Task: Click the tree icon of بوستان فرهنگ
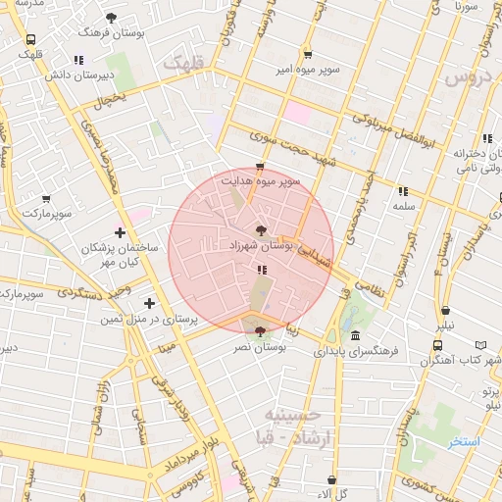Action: click(x=111, y=18)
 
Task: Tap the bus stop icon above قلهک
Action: click(x=31, y=40)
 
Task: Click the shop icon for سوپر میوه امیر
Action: click(x=308, y=54)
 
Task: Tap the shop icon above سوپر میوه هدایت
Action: click(x=259, y=167)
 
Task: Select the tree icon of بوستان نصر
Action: click(x=259, y=331)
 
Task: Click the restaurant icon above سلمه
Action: click(x=402, y=192)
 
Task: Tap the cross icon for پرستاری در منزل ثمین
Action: click(x=149, y=304)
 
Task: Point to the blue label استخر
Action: click(x=465, y=442)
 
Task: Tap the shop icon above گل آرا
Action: click(x=331, y=479)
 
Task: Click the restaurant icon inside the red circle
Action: click(x=261, y=270)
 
